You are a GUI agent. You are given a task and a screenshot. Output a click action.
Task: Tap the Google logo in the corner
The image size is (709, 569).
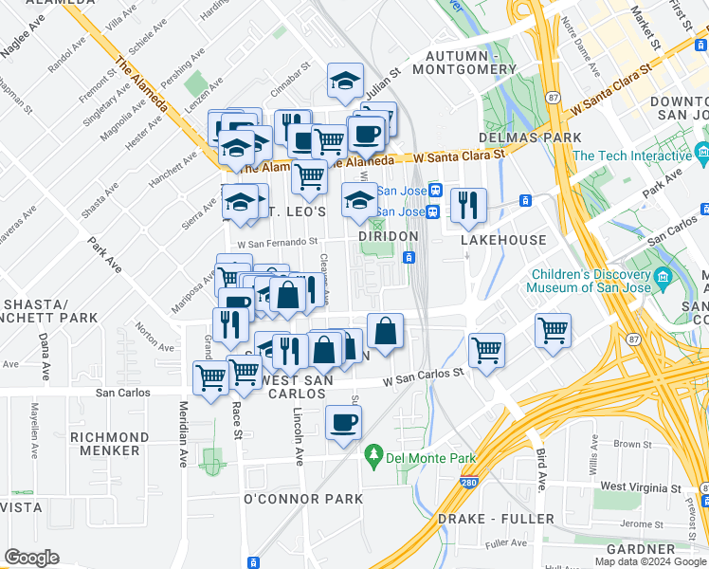[x=31, y=558]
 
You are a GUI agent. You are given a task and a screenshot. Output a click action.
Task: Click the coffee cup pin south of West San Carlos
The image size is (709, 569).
[x=343, y=421]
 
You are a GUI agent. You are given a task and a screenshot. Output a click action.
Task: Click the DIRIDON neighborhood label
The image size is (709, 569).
[x=388, y=236]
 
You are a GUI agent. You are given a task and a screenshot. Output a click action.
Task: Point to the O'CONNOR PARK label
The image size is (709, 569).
[x=303, y=499]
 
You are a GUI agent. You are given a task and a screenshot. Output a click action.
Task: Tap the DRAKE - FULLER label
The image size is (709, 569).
[x=496, y=519]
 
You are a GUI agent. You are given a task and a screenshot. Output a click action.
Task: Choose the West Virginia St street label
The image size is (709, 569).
[x=641, y=486]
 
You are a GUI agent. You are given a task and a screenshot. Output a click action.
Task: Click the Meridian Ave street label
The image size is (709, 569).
[x=183, y=432]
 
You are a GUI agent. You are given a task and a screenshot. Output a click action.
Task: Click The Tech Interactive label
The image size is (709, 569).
[x=631, y=156]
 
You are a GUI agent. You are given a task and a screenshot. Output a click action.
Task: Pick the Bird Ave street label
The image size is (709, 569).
[x=540, y=469]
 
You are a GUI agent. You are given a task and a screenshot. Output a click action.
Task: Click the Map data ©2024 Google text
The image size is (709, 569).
[x=650, y=561]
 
